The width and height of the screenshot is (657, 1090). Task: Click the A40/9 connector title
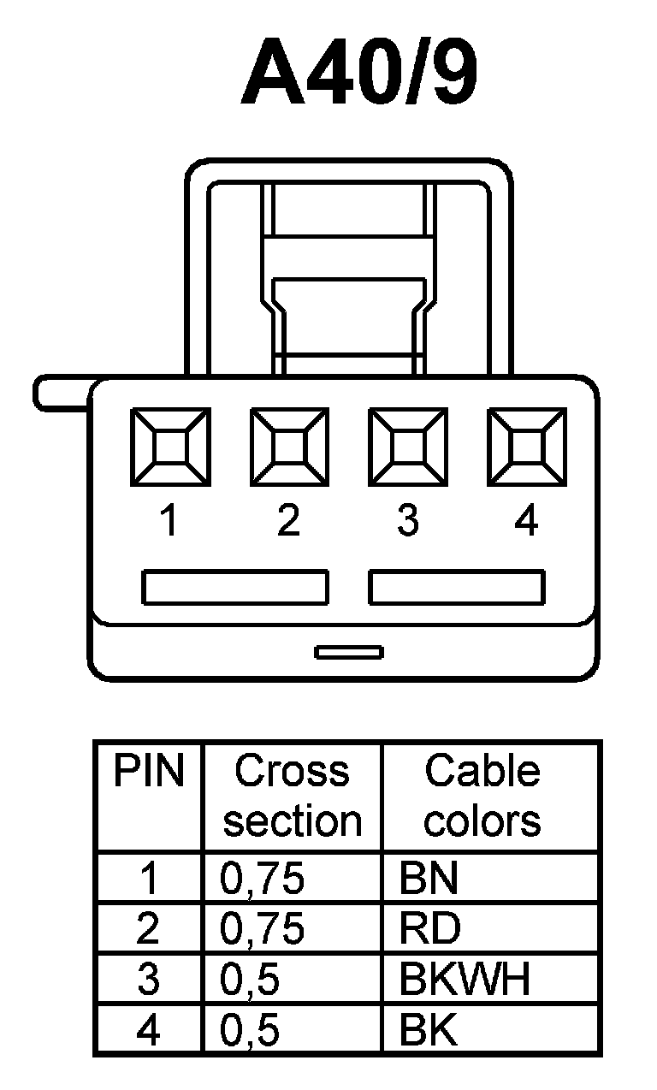click(359, 74)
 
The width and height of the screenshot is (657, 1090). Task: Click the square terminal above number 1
click(169, 447)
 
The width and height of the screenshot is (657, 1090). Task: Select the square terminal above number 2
click(289, 447)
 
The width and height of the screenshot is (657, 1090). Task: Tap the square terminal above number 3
click(408, 447)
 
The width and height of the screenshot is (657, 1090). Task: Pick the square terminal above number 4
click(527, 447)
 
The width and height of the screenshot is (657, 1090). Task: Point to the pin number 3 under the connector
click(408, 520)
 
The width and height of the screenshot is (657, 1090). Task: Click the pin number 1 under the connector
click(169, 520)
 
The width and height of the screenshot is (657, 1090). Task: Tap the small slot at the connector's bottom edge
click(348, 653)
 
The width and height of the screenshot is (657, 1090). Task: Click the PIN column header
click(149, 773)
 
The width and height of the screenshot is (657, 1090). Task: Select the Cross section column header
click(292, 796)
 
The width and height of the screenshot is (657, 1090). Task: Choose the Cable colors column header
click(482, 796)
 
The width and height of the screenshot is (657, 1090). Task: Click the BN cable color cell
click(428, 880)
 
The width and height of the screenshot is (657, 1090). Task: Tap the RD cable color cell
click(429, 930)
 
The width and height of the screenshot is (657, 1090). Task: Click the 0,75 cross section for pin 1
click(262, 880)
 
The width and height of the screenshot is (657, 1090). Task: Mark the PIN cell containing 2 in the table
click(149, 930)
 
